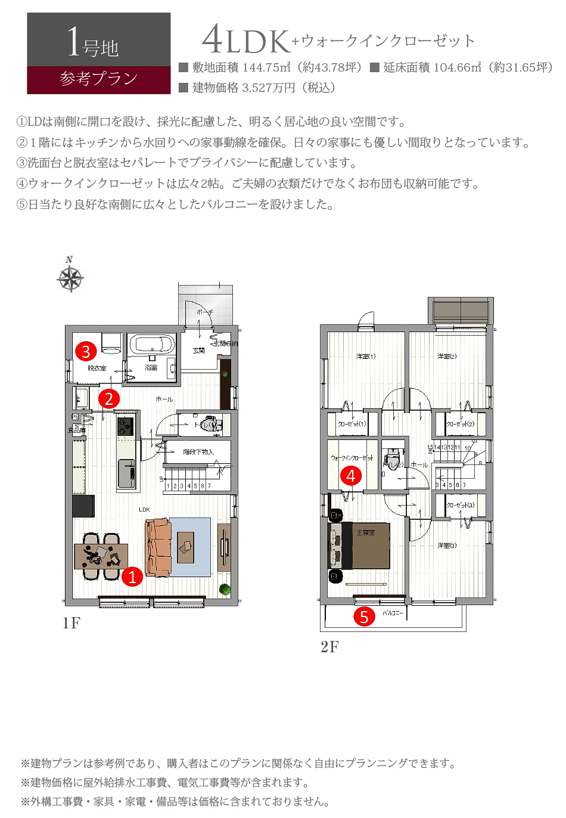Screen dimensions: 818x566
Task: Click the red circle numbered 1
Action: coord(132,577)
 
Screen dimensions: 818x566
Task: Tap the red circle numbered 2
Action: coord(109,398)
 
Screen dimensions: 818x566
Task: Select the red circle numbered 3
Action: coord(86,351)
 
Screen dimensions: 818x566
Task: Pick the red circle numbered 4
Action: coord(351,476)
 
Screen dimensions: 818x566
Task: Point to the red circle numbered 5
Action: coord(364,616)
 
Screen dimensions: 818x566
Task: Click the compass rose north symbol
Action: coord(70,277)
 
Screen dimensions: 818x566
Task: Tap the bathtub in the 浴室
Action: coord(152,345)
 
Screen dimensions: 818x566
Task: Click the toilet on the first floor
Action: coord(209,425)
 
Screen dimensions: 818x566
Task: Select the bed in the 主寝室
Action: coord(361,545)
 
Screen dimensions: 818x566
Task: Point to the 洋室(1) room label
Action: coord(366,357)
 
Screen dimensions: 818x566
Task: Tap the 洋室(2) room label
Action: coord(447,357)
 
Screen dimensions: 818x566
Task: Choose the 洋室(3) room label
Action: coord(447,545)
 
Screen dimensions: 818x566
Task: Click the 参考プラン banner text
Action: coord(99,79)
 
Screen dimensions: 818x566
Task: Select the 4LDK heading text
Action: coord(245,41)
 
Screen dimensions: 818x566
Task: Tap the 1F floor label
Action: coord(71,623)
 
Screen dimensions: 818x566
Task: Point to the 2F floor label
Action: coord(329,647)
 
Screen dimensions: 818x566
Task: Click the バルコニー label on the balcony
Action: coord(393,613)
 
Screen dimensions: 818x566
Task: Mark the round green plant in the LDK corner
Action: coord(225,590)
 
